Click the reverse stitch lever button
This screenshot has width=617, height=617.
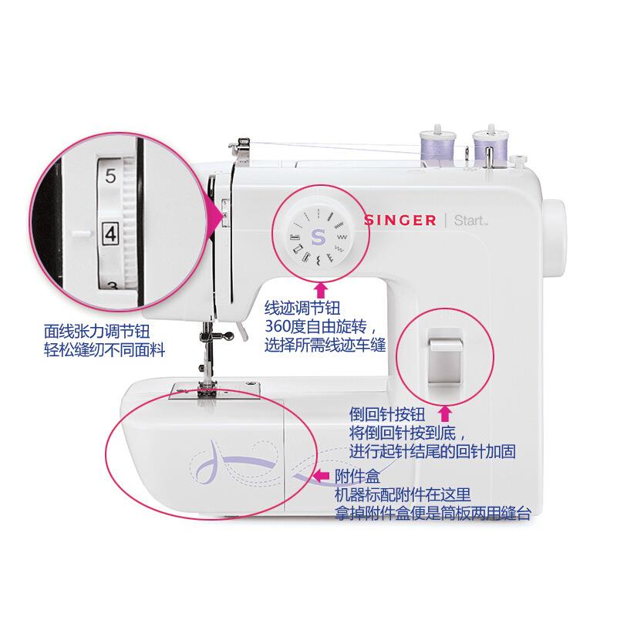tap(443, 356)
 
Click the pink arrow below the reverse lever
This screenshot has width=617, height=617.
tap(444, 413)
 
